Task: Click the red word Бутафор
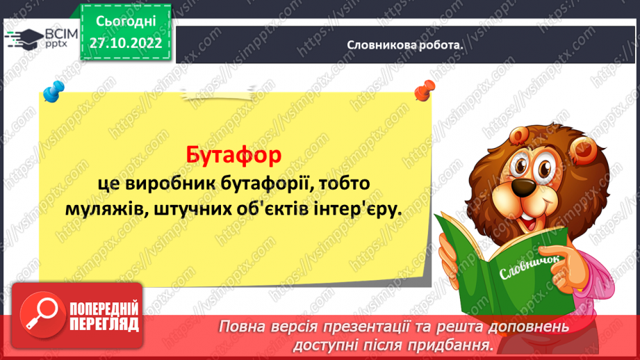[x=234, y=154]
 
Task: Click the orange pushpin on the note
[x=421, y=90]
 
